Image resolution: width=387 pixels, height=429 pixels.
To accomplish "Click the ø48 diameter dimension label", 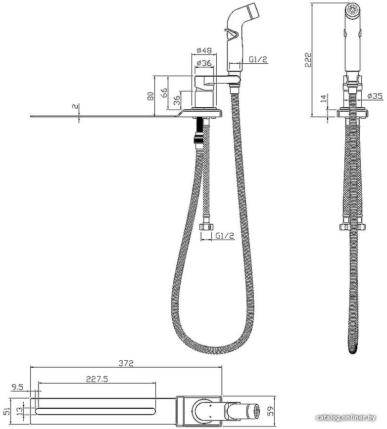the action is coord(204,50).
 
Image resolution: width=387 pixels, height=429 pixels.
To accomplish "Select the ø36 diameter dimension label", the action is coord(204,63).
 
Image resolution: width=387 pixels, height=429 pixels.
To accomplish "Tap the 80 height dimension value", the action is coord(151,96).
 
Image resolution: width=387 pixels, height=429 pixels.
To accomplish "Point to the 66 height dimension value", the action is coord(163,93).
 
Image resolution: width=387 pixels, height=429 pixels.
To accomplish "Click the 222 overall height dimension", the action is coord(309,60).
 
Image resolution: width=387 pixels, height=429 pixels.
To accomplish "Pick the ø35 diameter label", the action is coord(375,96).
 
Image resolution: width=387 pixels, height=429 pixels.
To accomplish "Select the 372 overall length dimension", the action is coord(126,363).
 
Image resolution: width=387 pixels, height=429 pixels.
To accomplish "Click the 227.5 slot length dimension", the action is coord(97,379).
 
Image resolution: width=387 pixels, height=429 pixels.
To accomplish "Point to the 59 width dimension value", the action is coord(271,411).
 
